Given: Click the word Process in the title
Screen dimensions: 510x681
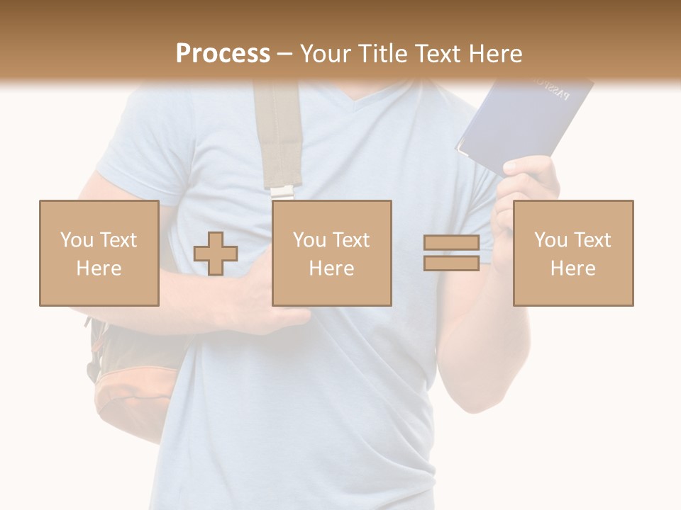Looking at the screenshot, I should pyautogui.click(x=223, y=53).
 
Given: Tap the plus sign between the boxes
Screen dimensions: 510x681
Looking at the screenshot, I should pyautogui.click(x=216, y=253).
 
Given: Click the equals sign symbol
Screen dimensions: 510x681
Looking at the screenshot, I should pyautogui.click(x=451, y=253).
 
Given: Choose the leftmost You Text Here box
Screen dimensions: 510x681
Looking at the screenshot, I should pyautogui.click(x=99, y=253).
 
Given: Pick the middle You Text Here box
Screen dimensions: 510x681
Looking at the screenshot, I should pyautogui.click(x=331, y=253).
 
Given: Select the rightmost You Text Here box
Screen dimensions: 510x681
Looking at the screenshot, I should pyautogui.click(x=572, y=253).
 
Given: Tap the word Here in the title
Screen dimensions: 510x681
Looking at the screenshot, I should pyautogui.click(x=493, y=53).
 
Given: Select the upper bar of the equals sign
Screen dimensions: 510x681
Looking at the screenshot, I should pyautogui.click(x=451, y=243).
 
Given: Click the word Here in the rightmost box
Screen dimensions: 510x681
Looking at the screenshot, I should pyautogui.click(x=572, y=268).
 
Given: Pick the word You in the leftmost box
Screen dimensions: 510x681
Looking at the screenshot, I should pyautogui.click(x=76, y=239).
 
